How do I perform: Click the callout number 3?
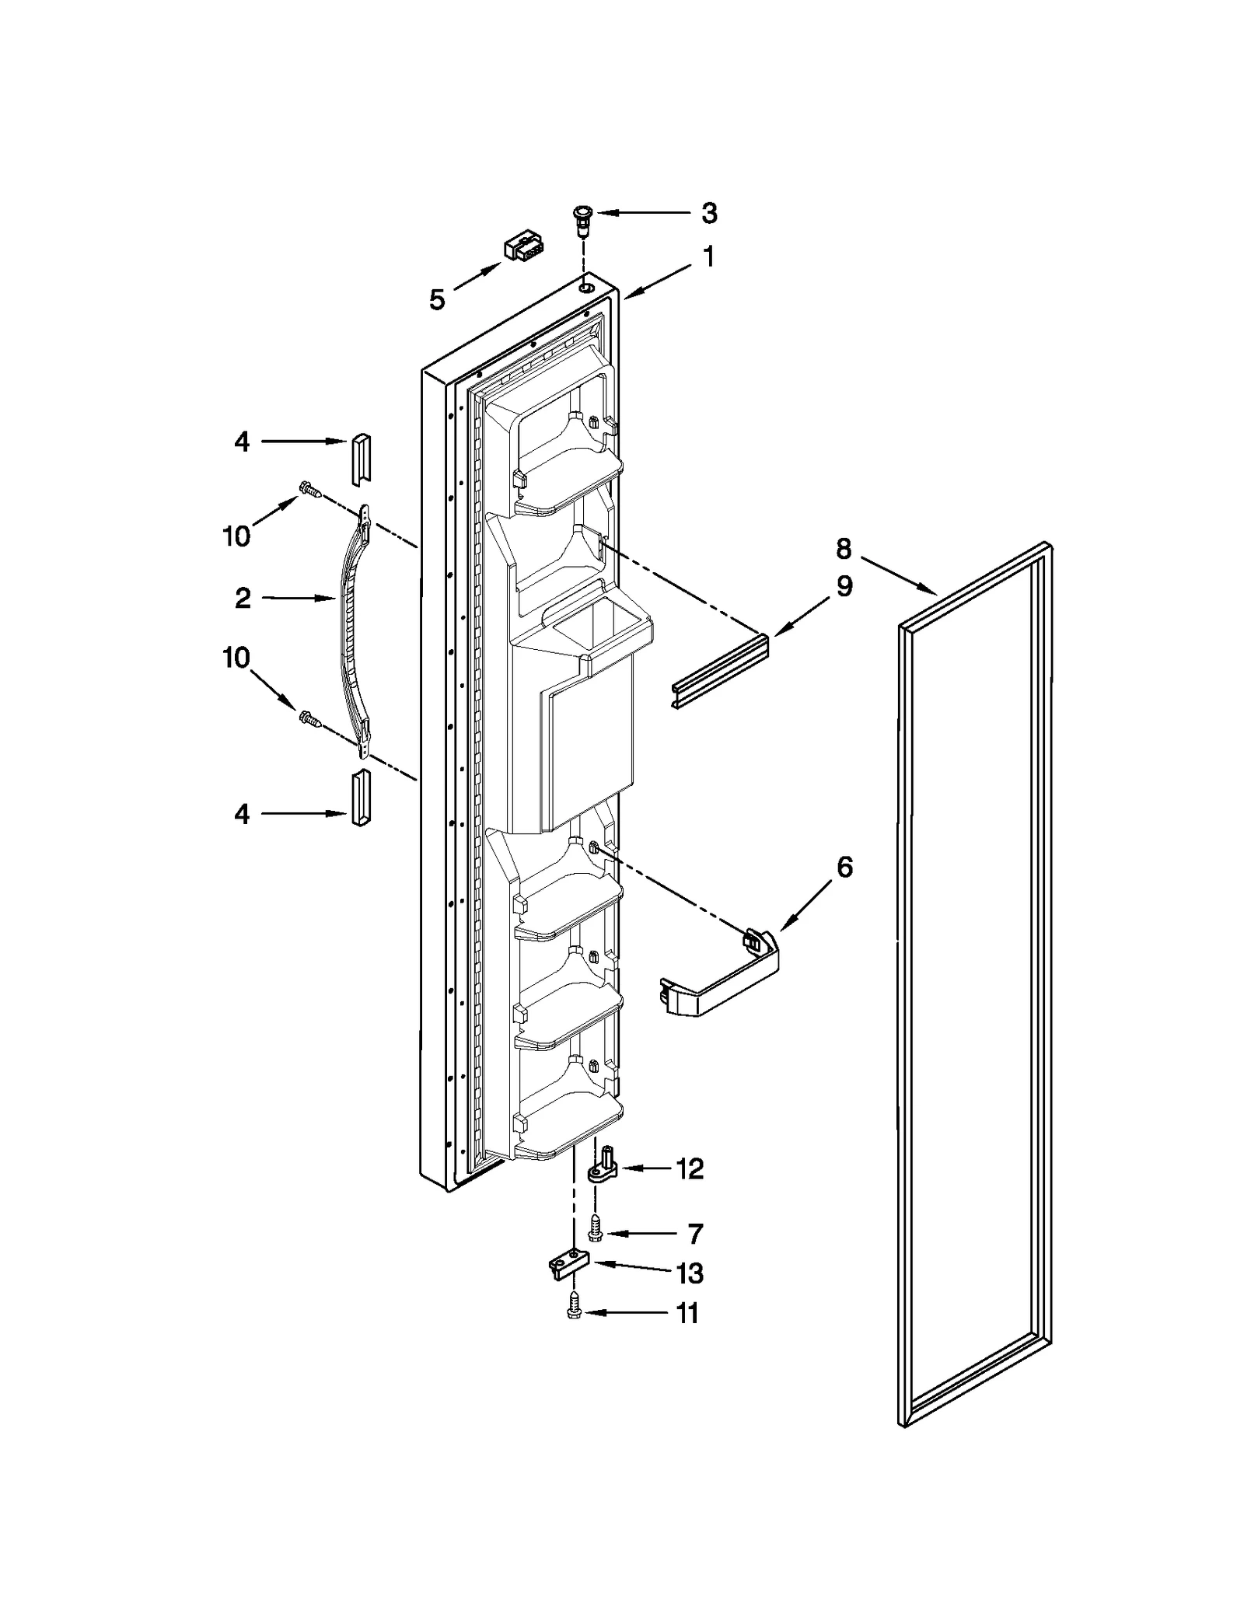708,213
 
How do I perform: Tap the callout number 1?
708,257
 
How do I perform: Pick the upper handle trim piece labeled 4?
362,459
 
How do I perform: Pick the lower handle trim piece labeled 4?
361,798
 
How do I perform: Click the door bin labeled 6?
719,977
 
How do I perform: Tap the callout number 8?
844,549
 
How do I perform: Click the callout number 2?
243,598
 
